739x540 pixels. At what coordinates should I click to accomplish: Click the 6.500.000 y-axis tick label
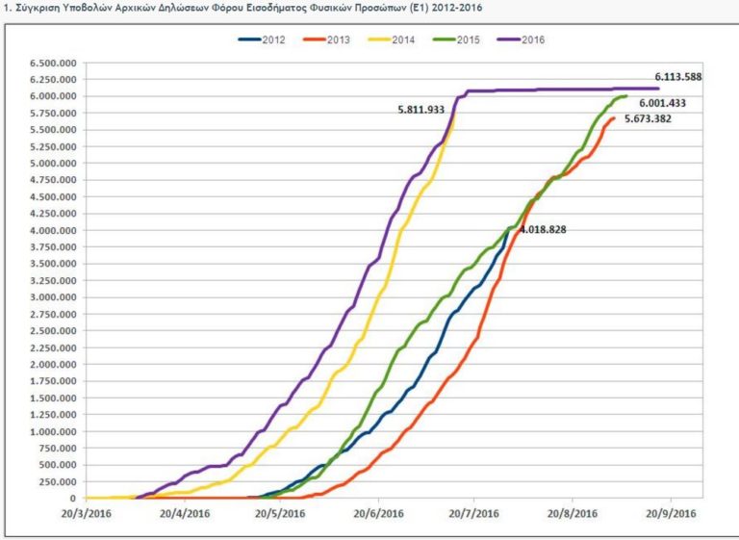pyautogui.click(x=53, y=63)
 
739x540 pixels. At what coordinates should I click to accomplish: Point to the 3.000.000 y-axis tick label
pyautogui.click(x=53, y=297)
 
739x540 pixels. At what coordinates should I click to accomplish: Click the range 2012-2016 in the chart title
pyautogui.click(x=457, y=8)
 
